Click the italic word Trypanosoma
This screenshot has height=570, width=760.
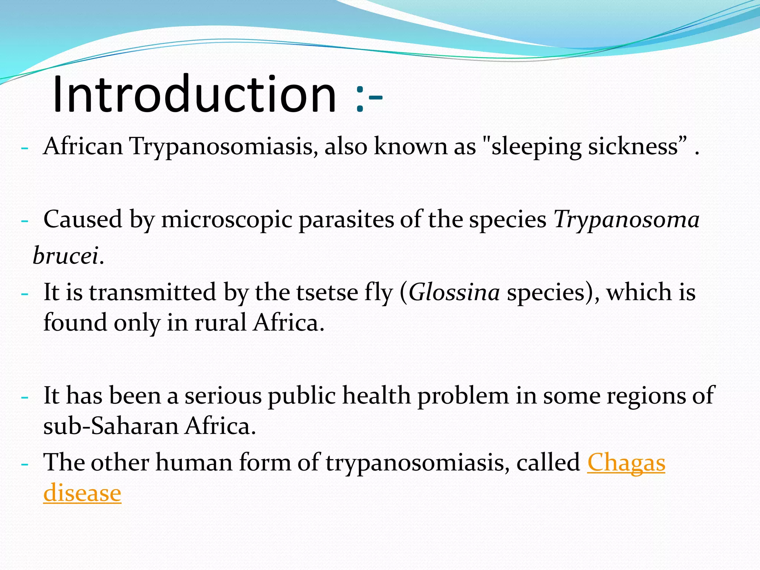pyautogui.click(x=626, y=220)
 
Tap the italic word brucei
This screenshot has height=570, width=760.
pyautogui.click(x=66, y=256)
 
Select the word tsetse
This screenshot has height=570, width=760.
pyautogui.click(x=327, y=292)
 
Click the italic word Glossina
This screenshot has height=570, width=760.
pyautogui.click(x=454, y=292)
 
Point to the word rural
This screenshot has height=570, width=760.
pyautogui.click(x=220, y=322)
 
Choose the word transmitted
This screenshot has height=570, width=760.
pyautogui.click(x=153, y=292)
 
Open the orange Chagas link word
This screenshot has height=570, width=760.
pyautogui.click(x=626, y=463)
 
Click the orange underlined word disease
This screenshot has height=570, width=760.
pyautogui.click(x=82, y=493)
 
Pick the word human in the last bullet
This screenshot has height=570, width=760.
pyautogui.click(x=194, y=463)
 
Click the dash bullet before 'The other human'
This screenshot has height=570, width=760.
pyautogui.click(x=25, y=465)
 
